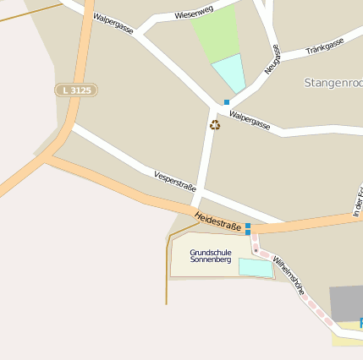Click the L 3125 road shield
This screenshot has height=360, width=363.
coord(77,90)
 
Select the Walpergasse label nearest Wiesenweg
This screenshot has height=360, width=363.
coord(113,24)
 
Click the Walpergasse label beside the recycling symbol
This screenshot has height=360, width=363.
coord(250,121)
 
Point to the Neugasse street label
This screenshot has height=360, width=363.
coord(272,60)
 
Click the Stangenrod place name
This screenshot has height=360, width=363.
coord(333,83)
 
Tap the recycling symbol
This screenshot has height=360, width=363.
coord(215,125)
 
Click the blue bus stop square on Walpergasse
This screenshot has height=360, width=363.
coord(227,102)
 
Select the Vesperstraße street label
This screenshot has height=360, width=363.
coord(175,181)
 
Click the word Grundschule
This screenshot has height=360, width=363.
coord(211,253)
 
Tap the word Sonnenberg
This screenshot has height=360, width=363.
coord(211,260)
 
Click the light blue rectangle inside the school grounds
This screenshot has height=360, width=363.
coord(256,267)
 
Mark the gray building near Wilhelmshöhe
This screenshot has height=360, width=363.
coord(346,303)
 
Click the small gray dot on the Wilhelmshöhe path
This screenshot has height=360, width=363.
coord(255,249)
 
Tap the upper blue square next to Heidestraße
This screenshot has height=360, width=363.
coord(248,225)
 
